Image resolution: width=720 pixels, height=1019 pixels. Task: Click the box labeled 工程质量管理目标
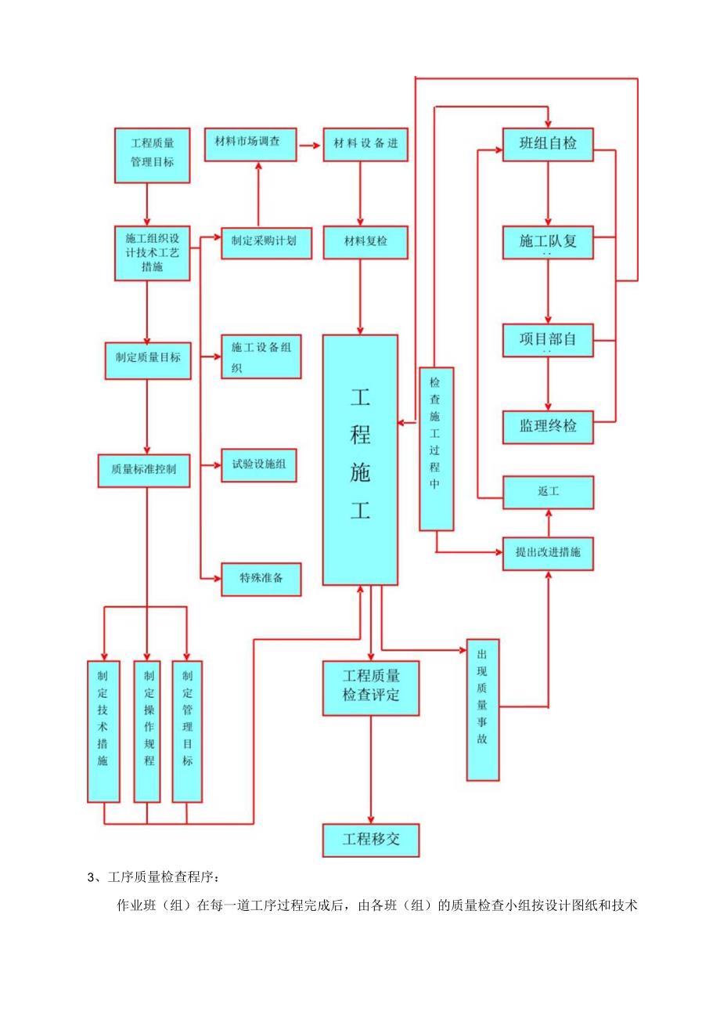coord(153,155)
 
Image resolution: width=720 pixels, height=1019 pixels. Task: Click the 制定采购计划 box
coord(267,241)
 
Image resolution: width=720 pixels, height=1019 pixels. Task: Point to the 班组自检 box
coord(547,144)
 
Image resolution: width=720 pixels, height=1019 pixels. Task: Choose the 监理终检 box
coord(547,427)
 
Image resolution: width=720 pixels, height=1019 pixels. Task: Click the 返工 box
coord(547,492)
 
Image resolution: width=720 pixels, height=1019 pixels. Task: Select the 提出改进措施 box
coord(547,552)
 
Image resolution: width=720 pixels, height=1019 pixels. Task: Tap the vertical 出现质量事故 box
coord(482,710)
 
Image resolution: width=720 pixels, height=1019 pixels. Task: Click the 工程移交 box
coord(371,840)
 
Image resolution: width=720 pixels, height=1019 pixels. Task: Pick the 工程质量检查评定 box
coord(371,687)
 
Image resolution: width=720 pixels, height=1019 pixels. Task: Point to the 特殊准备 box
coord(261,580)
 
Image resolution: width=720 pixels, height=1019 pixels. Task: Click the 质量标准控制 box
coord(144,470)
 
